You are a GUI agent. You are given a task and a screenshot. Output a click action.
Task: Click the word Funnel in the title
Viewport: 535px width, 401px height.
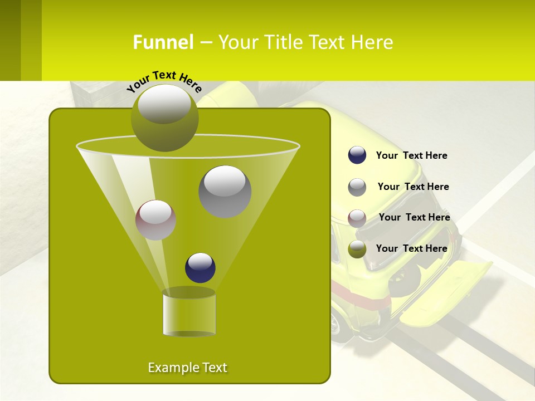point(163,42)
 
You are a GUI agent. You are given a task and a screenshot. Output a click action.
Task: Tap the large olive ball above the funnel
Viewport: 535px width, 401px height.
point(164,118)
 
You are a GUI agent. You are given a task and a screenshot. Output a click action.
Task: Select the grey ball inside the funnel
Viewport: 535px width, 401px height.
point(225,191)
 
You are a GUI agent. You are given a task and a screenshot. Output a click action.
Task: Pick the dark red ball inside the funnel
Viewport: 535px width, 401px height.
point(155,220)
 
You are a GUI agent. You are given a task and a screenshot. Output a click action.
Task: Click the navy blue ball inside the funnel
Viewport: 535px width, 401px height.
point(200,267)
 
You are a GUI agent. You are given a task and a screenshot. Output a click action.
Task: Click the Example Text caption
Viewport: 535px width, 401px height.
point(187,368)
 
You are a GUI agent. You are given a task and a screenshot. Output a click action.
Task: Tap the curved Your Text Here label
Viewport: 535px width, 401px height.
point(164,81)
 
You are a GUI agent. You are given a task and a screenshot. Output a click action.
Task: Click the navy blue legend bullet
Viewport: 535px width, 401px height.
point(357,155)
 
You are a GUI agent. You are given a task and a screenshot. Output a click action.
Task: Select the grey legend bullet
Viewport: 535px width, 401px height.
point(357,187)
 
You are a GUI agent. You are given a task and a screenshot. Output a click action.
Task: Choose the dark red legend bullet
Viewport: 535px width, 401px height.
point(357,218)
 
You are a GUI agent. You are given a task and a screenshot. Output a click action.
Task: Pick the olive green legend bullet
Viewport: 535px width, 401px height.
point(357,249)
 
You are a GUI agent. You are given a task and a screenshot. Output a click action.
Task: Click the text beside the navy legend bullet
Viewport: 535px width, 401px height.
point(411,156)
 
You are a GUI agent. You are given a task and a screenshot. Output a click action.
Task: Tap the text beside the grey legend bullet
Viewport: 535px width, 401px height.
point(413,187)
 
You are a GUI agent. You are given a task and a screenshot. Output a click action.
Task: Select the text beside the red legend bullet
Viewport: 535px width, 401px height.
point(414,218)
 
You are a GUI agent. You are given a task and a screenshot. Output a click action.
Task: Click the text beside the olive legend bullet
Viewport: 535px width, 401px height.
point(411,249)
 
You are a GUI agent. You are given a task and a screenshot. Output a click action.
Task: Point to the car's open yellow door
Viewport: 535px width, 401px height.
point(446,292)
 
